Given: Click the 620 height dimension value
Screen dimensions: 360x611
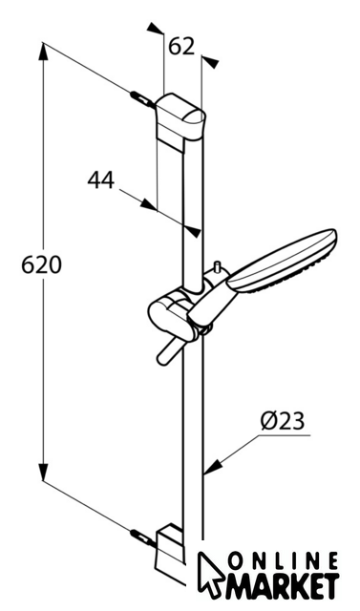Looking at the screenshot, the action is tap(41, 265).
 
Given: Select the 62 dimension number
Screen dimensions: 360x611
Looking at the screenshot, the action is tap(181, 47).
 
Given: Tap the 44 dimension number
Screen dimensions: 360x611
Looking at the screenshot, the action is tap(101, 180).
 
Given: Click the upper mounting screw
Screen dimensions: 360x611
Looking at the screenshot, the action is tap(142, 98).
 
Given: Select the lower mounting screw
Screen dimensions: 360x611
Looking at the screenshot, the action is tap(142, 537).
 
